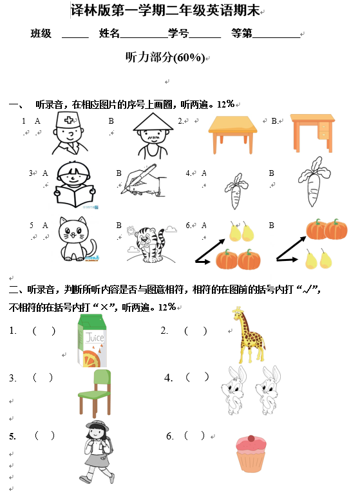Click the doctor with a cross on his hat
pyautogui.click(x=70, y=133)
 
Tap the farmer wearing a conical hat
pyautogui.click(x=153, y=135)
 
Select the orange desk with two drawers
pyautogui.click(x=312, y=133)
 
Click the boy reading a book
pyautogui.click(x=75, y=185)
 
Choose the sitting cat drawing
pyautogui.click(x=77, y=239)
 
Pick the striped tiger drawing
pyautogui.click(x=150, y=244)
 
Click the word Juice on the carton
pyautogui.click(x=95, y=338)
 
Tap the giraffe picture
pyautogui.click(x=248, y=334)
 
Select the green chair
pyautogui.click(x=95, y=393)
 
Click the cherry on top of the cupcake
pyautogui.click(x=251, y=438)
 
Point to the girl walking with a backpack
pyautogui.click(x=97, y=452)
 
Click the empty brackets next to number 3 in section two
pyautogui.click(x=43, y=378)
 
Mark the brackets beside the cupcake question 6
pyautogui.click(x=194, y=436)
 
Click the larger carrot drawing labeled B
pyautogui.click(x=314, y=182)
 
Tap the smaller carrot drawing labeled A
pyautogui.click(x=236, y=191)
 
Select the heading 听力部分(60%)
pyautogui.click(x=165, y=57)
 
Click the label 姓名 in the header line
pyautogui.click(x=109, y=33)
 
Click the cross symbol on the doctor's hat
pyautogui.click(x=69, y=120)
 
